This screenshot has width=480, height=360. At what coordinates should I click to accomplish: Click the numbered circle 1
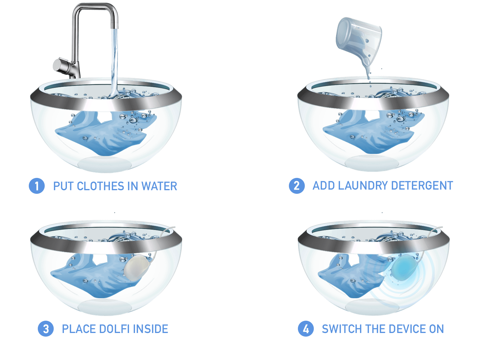coord(37,186)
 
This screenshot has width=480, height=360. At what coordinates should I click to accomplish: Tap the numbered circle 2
coord(296,186)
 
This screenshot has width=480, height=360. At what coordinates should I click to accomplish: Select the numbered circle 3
coord(46,328)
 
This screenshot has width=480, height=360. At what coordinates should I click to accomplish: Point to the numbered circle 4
coord(306,328)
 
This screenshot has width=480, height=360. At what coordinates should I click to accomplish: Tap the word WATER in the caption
coord(159,186)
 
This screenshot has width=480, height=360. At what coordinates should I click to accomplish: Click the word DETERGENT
coord(422,186)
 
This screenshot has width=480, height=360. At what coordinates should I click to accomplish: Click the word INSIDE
coord(151,329)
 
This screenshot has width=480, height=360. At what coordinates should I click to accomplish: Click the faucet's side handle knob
coord(59,65)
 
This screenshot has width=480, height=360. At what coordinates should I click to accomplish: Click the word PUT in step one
coord(63,186)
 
